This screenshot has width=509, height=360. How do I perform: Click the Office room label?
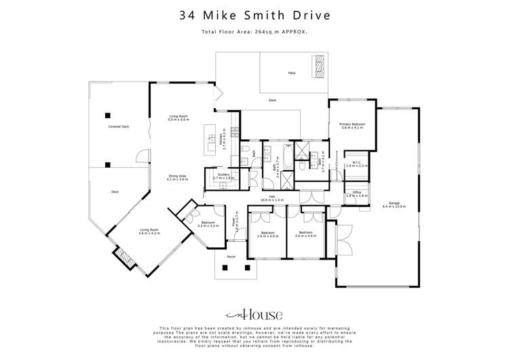point(356,194)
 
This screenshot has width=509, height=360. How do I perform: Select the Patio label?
point(292,73)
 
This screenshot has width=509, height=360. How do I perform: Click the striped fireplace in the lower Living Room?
point(121,256)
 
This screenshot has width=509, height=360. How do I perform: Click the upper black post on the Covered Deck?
point(108,114)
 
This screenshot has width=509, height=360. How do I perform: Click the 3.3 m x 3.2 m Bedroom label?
point(208,224)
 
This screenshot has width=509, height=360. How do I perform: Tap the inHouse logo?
point(254,314)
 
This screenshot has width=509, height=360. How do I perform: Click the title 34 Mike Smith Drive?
point(254,14)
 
